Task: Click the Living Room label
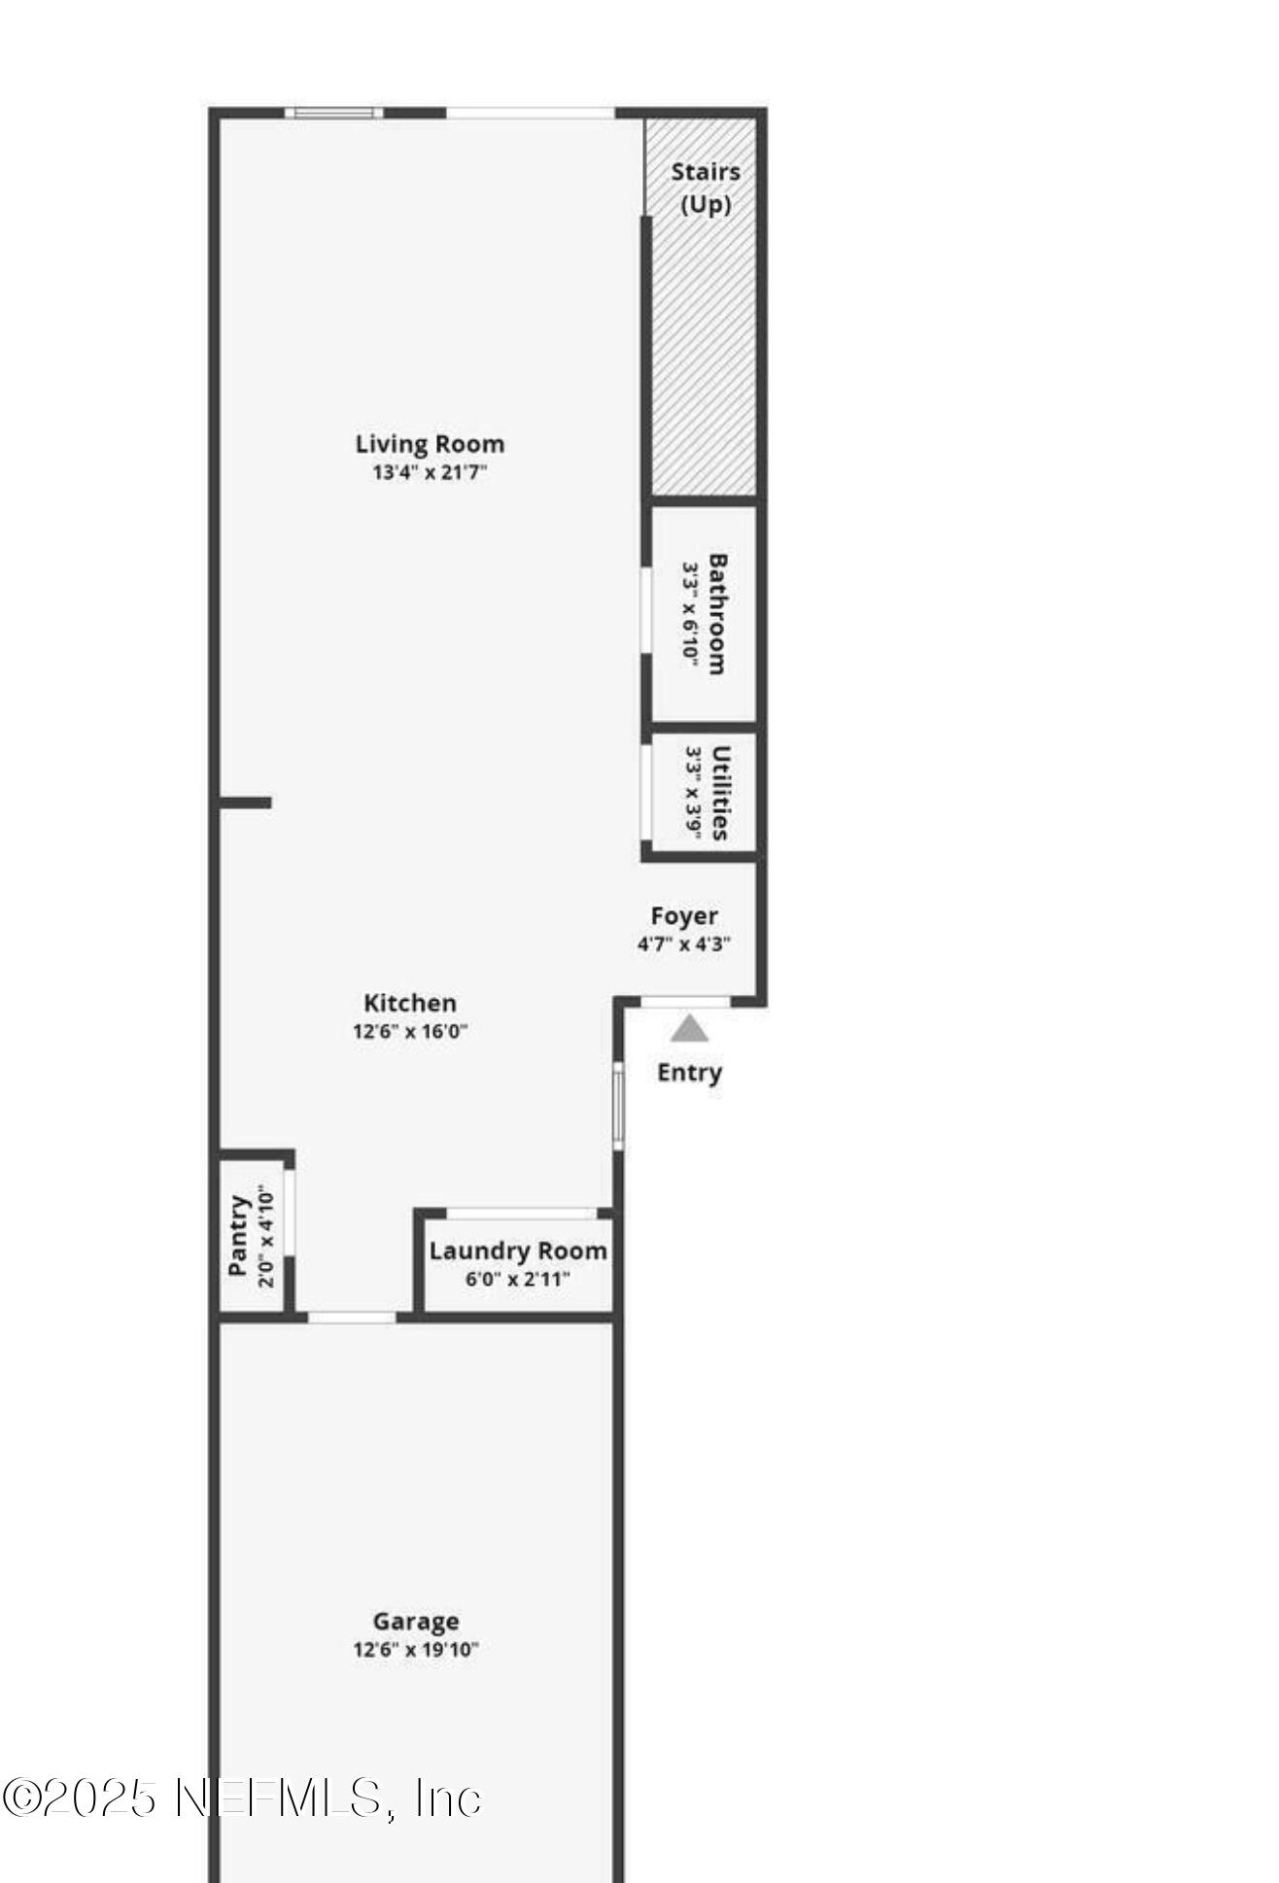430,444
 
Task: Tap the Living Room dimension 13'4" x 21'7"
430,473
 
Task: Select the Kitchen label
409,1003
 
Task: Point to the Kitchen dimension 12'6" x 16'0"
409,1031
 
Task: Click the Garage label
415,1622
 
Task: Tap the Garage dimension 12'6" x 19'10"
415,1650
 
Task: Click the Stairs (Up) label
706,188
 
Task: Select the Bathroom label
717,613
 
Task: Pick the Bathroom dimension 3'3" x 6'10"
691,613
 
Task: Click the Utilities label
720,792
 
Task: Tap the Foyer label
684,916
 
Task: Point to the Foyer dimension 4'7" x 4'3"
684,943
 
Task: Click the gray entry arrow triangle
689,1029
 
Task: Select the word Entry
689,1073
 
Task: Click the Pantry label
238,1235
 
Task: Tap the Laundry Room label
518,1251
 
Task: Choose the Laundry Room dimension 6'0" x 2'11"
518,1280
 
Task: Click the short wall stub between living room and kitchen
245,803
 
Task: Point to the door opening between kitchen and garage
352,1318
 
